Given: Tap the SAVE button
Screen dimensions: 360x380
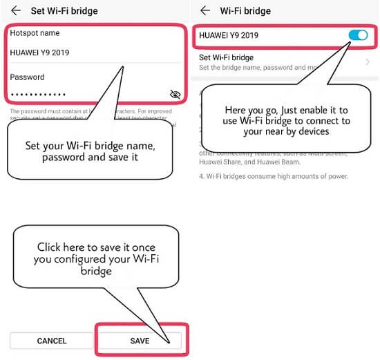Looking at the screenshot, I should (x=140, y=341).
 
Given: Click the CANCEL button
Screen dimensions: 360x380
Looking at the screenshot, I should (x=52, y=341).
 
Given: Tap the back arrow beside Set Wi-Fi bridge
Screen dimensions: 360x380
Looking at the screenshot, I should (x=15, y=10).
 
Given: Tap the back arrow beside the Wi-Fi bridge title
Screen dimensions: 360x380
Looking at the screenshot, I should (x=205, y=10).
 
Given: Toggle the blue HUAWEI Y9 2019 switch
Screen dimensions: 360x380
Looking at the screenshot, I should (x=359, y=35).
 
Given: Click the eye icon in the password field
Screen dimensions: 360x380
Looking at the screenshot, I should (x=175, y=94).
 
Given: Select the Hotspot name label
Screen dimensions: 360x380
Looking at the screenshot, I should (x=35, y=33).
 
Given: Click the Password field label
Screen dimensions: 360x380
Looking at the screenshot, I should (x=27, y=77).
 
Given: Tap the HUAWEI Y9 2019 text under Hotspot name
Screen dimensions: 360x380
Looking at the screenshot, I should (x=39, y=53).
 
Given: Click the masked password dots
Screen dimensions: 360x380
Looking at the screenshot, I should (x=39, y=94).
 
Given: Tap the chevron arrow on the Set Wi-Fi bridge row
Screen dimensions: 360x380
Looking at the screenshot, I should (x=367, y=61).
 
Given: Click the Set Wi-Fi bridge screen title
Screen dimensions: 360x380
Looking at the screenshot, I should (x=64, y=11).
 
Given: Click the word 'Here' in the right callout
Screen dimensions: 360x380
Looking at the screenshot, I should (x=237, y=110).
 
